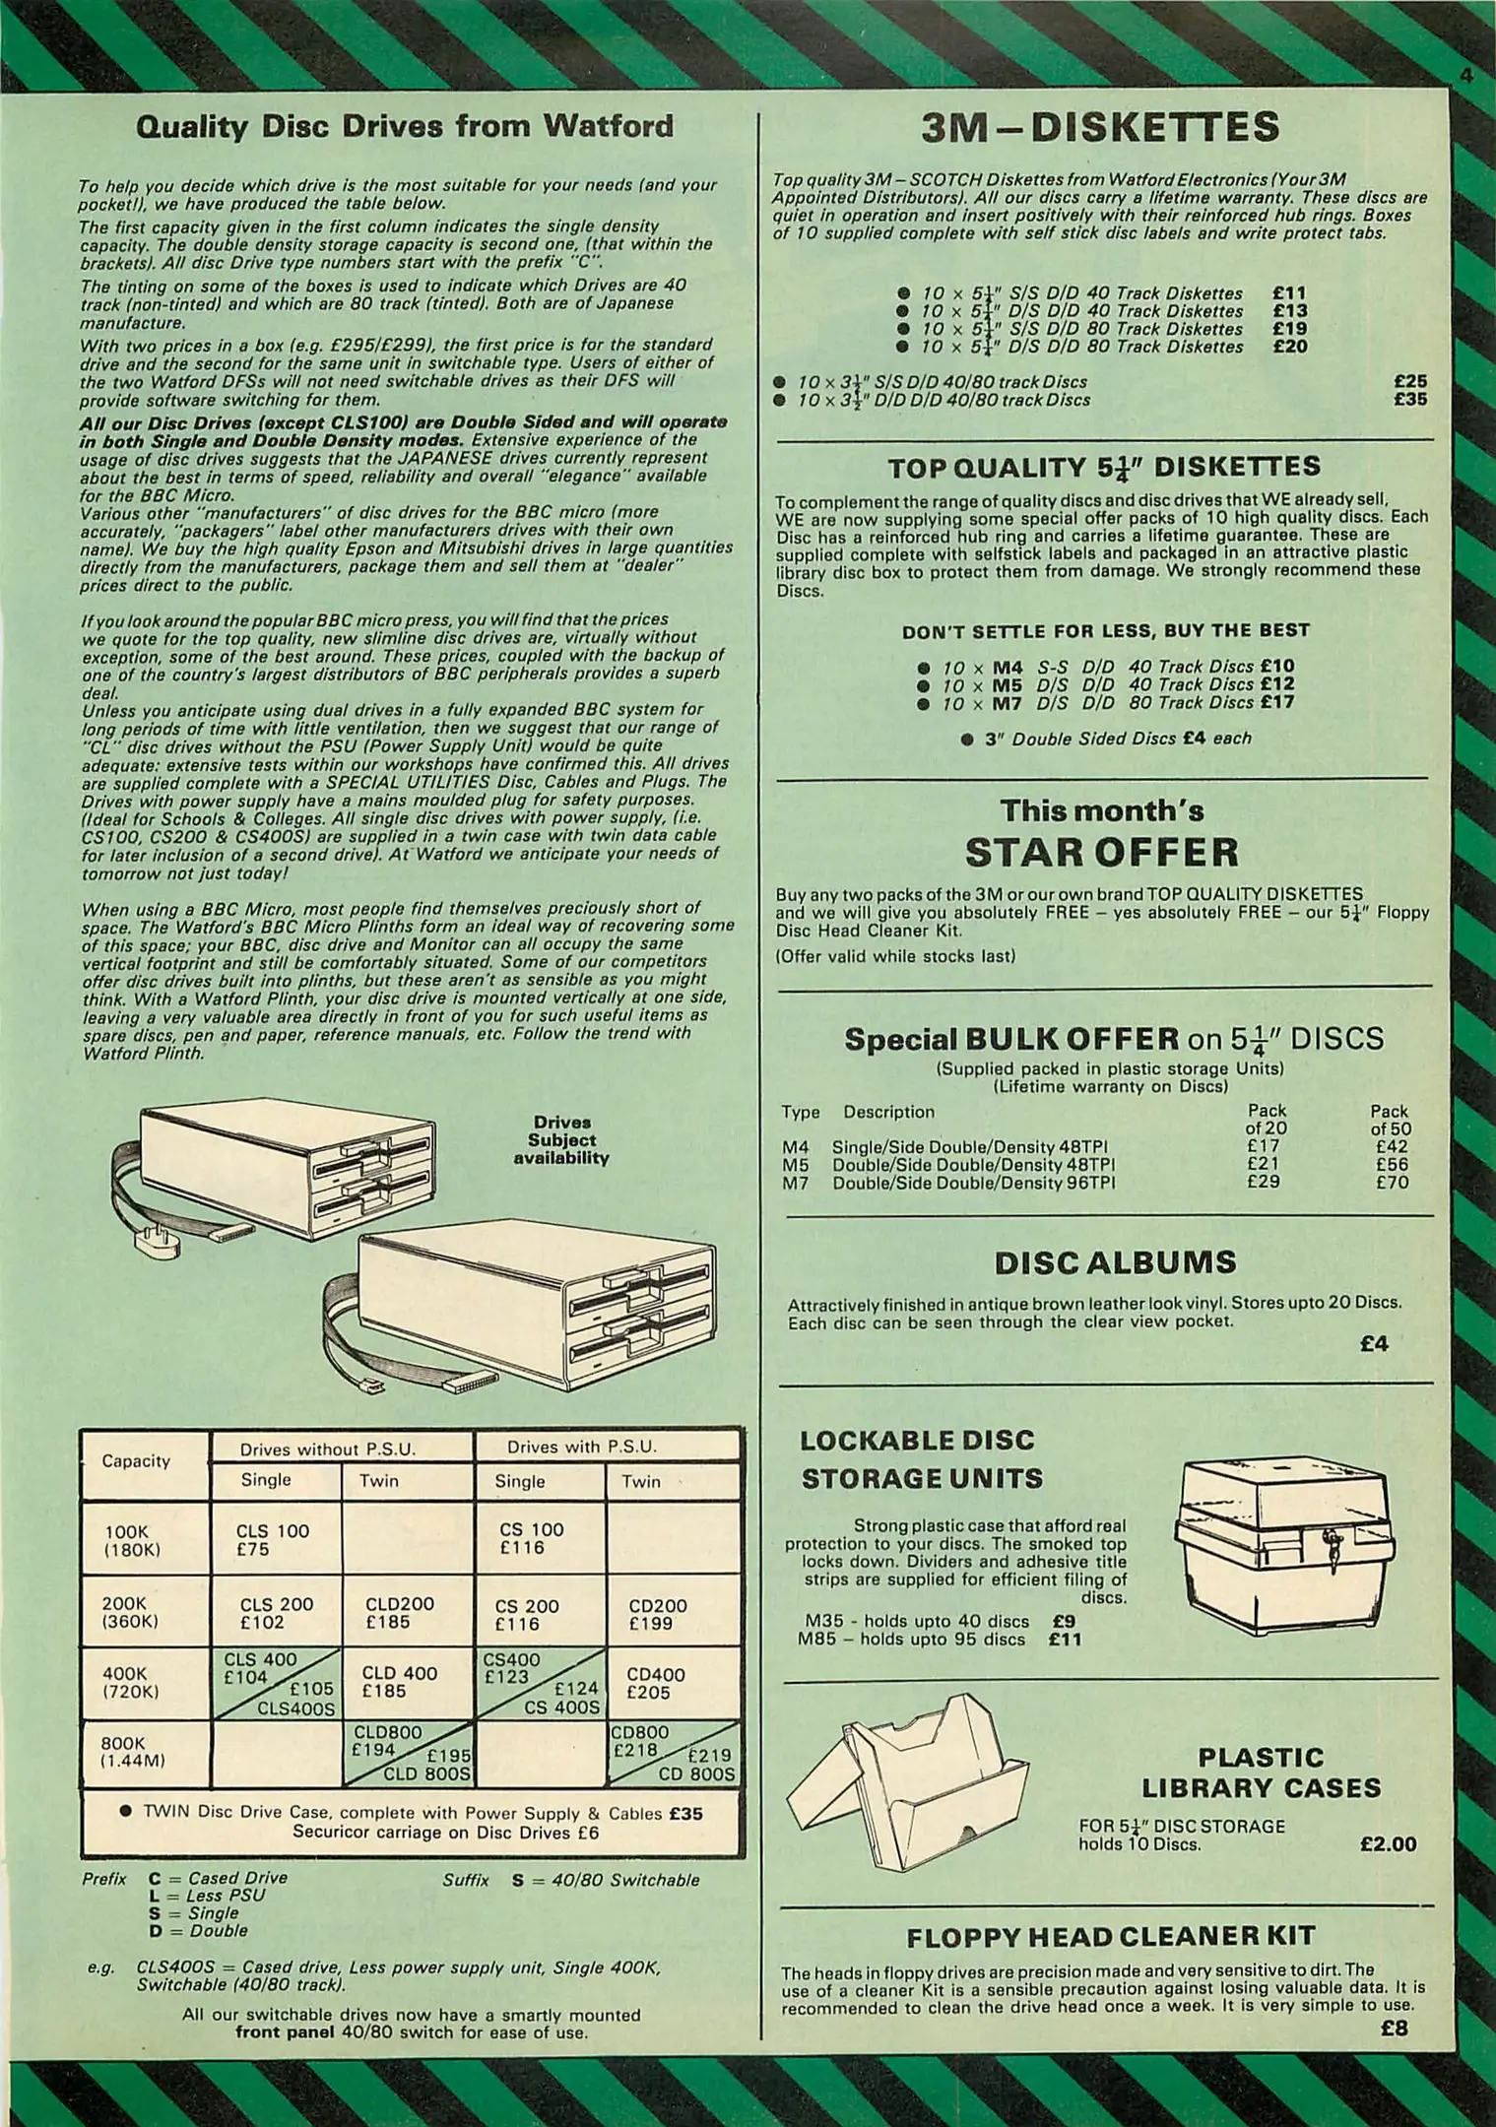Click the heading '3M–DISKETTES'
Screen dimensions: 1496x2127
pos(1099,127)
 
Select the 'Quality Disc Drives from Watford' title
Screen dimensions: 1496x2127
pos(404,127)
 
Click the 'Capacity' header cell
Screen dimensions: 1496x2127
pos(136,1461)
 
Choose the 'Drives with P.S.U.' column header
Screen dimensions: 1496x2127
pos(581,1447)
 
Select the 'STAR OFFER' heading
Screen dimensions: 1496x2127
pos(1101,852)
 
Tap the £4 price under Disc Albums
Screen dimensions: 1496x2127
pos(1374,1343)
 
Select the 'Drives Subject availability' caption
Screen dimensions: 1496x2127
pos(561,1140)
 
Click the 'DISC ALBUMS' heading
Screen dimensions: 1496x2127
pos(1101,1262)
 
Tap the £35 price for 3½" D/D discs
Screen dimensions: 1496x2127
pos(1410,400)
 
